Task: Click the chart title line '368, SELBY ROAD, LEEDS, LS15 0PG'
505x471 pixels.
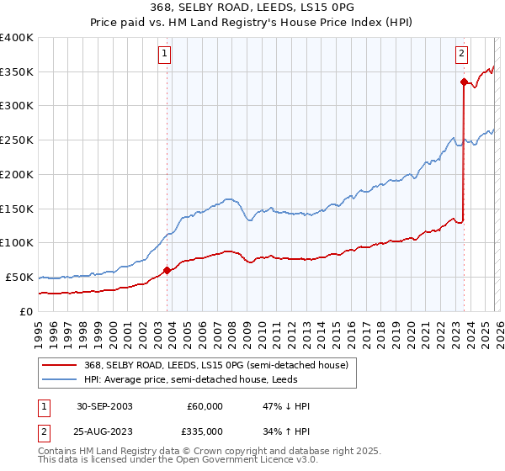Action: click(x=252, y=8)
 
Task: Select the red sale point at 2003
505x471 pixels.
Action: click(x=167, y=270)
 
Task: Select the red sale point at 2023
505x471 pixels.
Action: click(x=464, y=82)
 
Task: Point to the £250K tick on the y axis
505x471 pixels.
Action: click(x=17, y=140)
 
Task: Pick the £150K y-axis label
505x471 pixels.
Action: click(x=17, y=209)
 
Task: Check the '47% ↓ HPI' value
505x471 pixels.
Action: click(x=286, y=406)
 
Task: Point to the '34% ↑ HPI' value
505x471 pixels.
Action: click(x=286, y=431)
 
